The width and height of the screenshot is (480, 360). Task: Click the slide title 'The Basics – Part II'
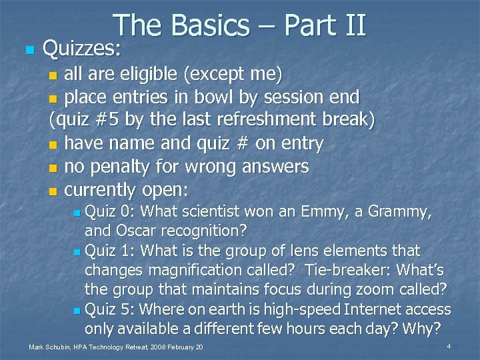[239, 25]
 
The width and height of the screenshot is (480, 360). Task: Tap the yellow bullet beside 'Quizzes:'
[27, 50]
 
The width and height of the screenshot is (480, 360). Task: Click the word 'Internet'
[376, 309]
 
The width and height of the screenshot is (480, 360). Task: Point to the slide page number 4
[449, 347]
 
